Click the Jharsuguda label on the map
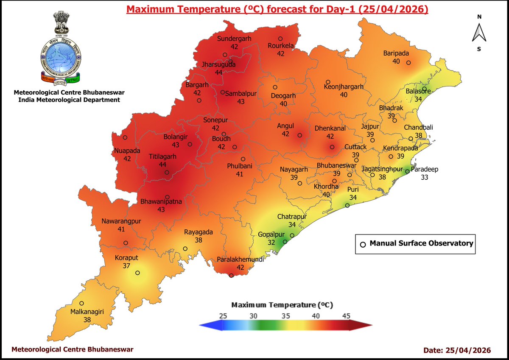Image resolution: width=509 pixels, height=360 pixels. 218,65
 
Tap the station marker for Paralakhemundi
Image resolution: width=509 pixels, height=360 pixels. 231,276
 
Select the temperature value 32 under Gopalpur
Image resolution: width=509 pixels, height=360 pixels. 271,242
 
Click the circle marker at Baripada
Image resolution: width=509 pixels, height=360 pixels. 408,63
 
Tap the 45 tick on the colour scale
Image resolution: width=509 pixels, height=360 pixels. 346,315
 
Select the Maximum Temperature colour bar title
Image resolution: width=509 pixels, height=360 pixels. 282,305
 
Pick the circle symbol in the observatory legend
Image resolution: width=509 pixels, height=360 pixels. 363,244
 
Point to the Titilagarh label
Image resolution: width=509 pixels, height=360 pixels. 162,156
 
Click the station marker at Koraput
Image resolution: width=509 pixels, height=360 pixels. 137,273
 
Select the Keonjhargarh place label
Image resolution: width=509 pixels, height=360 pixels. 344,87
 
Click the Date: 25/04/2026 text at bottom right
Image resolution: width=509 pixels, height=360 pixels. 457,350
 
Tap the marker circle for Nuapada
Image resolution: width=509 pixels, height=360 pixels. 125,137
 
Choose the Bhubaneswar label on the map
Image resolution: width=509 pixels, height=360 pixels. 337,165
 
